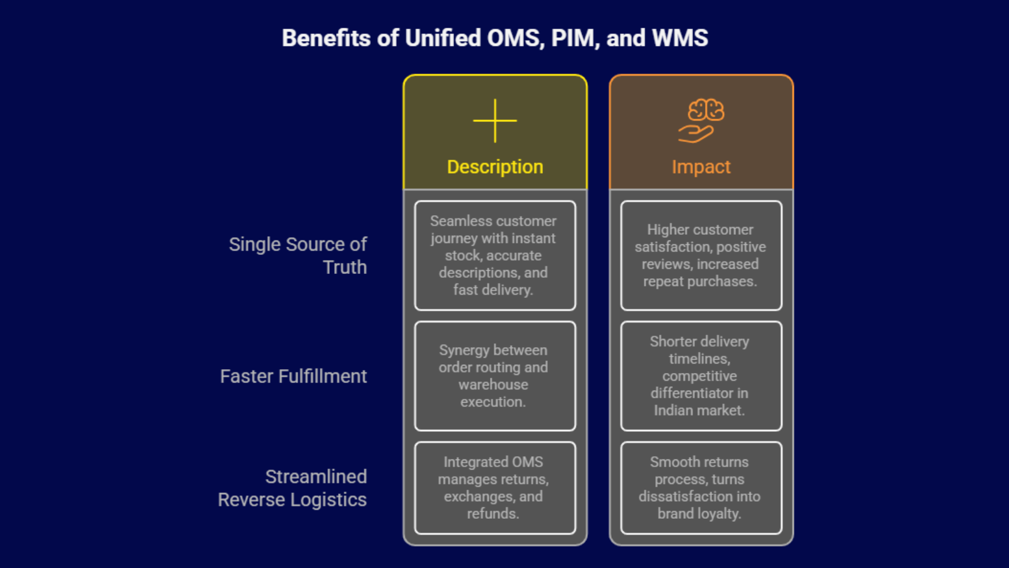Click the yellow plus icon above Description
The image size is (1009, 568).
tap(495, 121)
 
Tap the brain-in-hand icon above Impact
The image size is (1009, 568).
tap(701, 121)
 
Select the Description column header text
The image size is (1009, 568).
tap(495, 167)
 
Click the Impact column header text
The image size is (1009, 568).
tap(701, 167)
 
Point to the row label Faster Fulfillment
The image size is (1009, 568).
tap(293, 376)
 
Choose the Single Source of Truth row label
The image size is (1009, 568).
tap(298, 256)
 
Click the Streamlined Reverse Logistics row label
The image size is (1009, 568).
tap(293, 488)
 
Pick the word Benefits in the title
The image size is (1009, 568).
tap(326, 38)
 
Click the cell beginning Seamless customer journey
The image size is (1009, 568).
tap(494, 256)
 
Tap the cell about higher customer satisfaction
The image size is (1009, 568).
tap(701, 256)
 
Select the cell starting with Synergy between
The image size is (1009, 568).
tap(494, 376)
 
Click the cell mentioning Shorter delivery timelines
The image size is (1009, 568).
tap(701, 376)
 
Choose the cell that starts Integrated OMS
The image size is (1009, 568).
tap(494, 488)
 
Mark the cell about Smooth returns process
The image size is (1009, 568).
tap(701, 488)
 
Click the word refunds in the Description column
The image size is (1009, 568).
tap(493, 514)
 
